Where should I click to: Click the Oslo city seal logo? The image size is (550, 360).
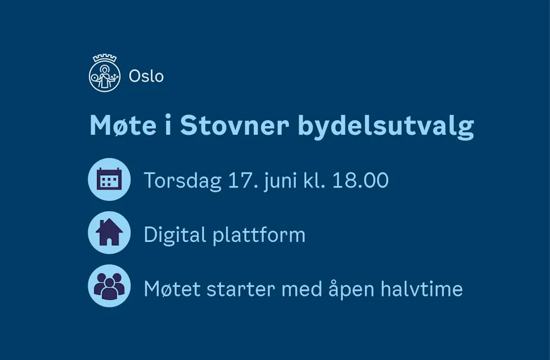[x=104, y=74]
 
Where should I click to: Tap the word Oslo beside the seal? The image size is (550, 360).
[x=146, y=76]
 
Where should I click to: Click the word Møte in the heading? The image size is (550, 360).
[x=123, y=125]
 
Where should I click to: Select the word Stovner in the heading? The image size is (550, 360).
[x=235, y=125]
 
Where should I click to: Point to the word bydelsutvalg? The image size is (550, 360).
[x=386, y=127]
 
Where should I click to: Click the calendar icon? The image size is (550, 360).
[x=109, y=179]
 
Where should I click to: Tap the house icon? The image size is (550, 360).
[x=109, y=233]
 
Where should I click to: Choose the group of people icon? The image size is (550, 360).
[x=109, y=286]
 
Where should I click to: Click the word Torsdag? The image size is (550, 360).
[x=182, y=181]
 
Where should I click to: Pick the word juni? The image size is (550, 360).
[x=279, y=181]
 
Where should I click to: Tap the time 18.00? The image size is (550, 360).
[x=360, y=180]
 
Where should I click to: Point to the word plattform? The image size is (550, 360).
[x=259, y=235]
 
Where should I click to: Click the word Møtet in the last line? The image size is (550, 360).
[x=172, y=289]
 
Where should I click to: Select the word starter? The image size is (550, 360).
[x=241, y=290]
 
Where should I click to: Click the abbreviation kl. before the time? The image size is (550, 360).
[x=314, y=180]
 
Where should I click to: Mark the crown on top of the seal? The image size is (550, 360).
[x=104, y=58]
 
